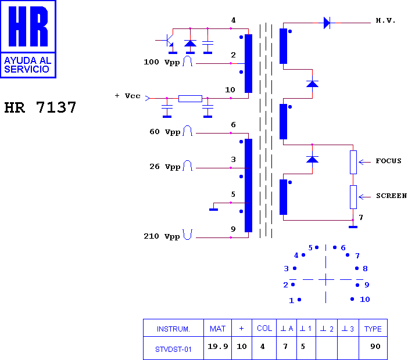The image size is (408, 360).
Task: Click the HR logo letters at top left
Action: tap(28, 26)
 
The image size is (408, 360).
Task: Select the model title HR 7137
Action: tap(40, 107)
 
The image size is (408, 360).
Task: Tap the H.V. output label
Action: tap(385, 20)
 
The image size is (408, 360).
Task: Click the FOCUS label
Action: tap(388, 161)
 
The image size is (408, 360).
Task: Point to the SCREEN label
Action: tap(391, 196)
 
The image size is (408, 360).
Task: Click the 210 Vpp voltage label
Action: tap(162, 236)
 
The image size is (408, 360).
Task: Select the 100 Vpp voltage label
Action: tap(162, 62)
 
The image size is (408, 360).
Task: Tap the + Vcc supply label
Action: tap(127, 96)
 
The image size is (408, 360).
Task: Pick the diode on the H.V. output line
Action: tap(327, 23)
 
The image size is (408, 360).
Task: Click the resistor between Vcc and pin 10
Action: tap(190, 99)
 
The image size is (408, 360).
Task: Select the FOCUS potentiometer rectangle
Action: tap(353, 162)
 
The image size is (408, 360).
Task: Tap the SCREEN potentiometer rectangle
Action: tap(353, 197)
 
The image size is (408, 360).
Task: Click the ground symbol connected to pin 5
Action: tap(214, 210)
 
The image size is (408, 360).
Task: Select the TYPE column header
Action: tap(373, 328)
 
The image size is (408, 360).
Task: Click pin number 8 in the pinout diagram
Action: tap(365, 268)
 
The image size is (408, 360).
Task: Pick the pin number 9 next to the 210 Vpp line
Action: tap(233, 229)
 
